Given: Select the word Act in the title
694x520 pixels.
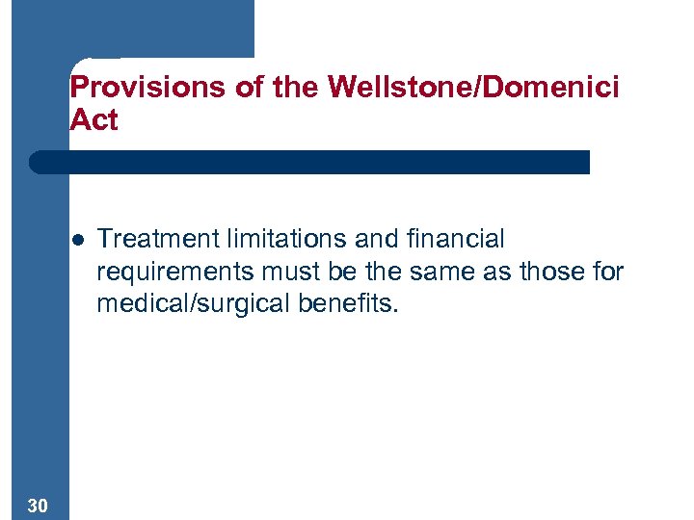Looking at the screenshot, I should pyautogui.click(x=93, y=120).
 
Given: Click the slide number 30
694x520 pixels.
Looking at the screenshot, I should pyautogui.click(x=40, y=506).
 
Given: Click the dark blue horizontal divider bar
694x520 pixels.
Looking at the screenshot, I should pyautogui.click(x=308, y=162).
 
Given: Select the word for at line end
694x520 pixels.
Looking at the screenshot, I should pyautogui.click(x=608, y=272).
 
